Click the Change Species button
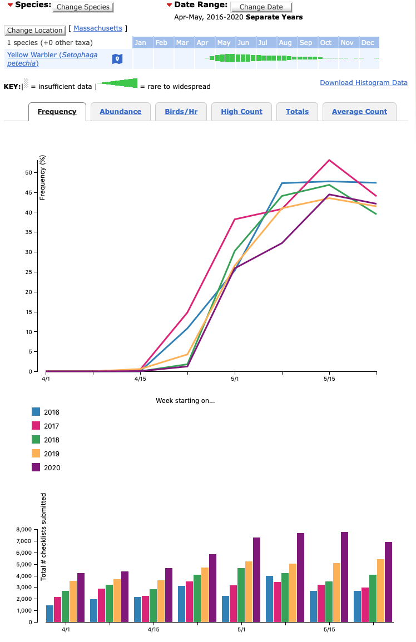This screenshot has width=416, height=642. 83,7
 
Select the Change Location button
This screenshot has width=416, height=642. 34,31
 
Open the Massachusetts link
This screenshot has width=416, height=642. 98,28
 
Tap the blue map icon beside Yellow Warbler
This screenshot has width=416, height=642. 117,59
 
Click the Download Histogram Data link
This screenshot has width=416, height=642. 364,83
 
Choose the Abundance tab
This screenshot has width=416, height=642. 121,112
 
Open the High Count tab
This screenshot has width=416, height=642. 241,112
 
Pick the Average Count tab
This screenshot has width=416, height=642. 359,112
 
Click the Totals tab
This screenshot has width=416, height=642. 297,112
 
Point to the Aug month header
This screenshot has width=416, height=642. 285,43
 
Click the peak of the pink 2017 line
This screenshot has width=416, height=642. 329,160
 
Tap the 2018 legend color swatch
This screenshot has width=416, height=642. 36,440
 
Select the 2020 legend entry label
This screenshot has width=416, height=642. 52,468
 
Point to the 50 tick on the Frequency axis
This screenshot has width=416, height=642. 29,172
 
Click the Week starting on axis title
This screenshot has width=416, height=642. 185,401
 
